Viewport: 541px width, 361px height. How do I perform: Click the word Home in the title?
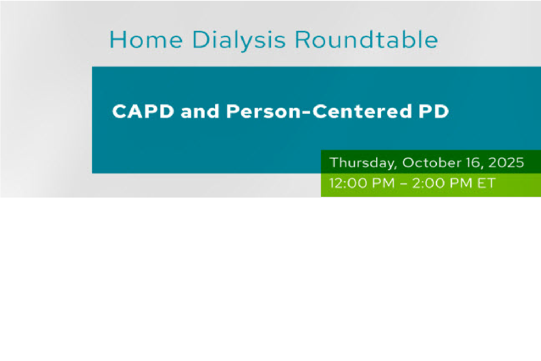pos(146,39)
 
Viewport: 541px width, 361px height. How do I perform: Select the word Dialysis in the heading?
pos(239,41)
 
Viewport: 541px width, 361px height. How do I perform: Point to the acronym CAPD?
pos(143,112)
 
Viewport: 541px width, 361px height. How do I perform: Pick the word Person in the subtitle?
pos(263,112)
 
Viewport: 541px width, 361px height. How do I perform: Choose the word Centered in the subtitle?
pos(362,112)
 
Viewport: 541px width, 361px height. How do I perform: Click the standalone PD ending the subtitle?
pos(434,112)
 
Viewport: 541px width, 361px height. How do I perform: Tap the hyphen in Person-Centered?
pos(306,113)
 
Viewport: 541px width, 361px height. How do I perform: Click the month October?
pos(432,162)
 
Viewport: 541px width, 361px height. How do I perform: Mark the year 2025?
pos(506,162)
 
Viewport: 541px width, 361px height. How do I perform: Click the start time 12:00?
pos(349,183)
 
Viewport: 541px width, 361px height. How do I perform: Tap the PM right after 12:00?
pos(383,183)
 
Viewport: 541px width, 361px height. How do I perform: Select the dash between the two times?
pos(403,183)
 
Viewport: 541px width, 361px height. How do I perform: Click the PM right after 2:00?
pos(461,183)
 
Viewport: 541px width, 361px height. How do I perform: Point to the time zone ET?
pos(486,183)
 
